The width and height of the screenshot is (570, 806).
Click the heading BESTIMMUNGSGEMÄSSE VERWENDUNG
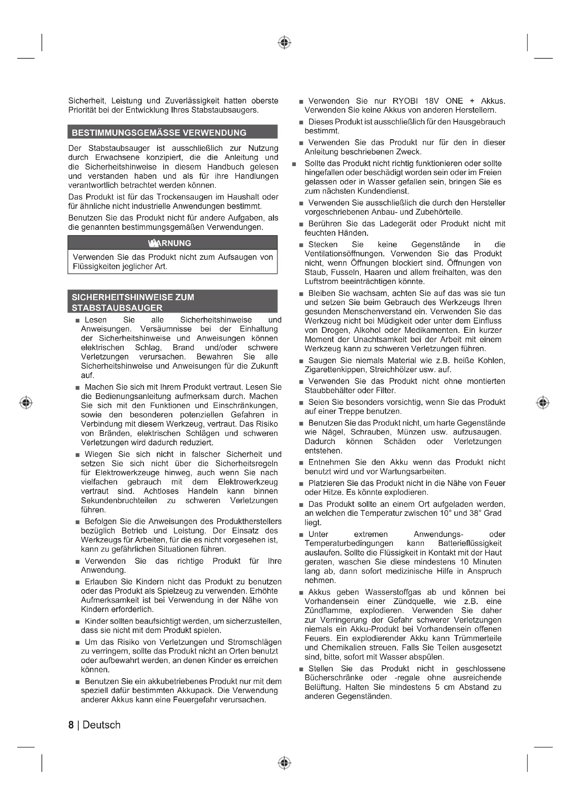[x=159, y=133]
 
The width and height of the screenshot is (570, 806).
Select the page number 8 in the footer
[x=71, y=725]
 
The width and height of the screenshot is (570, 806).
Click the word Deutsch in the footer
[x=101, y=725]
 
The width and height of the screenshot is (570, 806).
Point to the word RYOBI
[x=405, y=101]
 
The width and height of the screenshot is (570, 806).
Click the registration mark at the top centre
[x=284, y=42]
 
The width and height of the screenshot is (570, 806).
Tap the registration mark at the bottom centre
[x=284, y=763]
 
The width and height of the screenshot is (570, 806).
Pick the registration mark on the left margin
[x=26, y=402]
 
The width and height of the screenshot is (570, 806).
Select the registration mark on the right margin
[x=543, y=402]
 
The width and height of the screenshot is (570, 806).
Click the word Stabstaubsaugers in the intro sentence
[x=224, y=110]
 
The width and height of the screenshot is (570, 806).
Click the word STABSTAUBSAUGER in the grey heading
[x=117, y=308]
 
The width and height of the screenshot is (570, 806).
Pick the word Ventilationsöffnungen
[x=345, y=254]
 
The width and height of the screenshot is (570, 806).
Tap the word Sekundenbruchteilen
[x=119, y=501]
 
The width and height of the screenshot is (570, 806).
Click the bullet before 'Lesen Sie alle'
[x=78, y=320]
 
